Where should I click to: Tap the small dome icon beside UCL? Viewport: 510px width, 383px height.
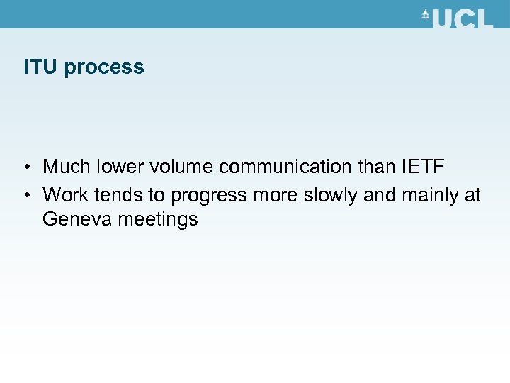click(425, 14)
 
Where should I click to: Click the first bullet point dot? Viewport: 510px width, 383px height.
click(25, 167)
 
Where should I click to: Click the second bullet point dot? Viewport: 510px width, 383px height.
click(25, 194)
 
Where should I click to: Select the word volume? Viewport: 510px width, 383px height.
click(180, 167)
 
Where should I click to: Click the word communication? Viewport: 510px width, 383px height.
click(289, 167)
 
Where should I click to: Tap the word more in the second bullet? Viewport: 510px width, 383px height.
click(273, 194)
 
